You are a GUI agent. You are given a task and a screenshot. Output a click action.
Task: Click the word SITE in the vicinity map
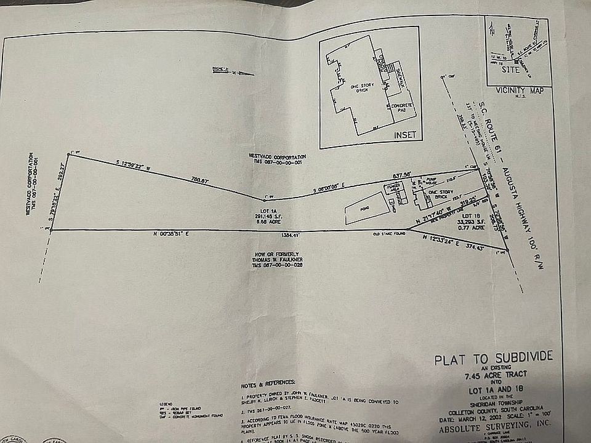(511, 70)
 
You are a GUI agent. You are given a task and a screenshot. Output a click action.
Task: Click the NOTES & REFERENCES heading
(268, 383)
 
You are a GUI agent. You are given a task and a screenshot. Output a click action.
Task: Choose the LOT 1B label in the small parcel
(470, 217)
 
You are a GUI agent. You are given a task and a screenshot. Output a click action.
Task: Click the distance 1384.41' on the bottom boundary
(289, 236)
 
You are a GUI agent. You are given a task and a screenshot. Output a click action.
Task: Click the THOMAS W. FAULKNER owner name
(277, 260)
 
